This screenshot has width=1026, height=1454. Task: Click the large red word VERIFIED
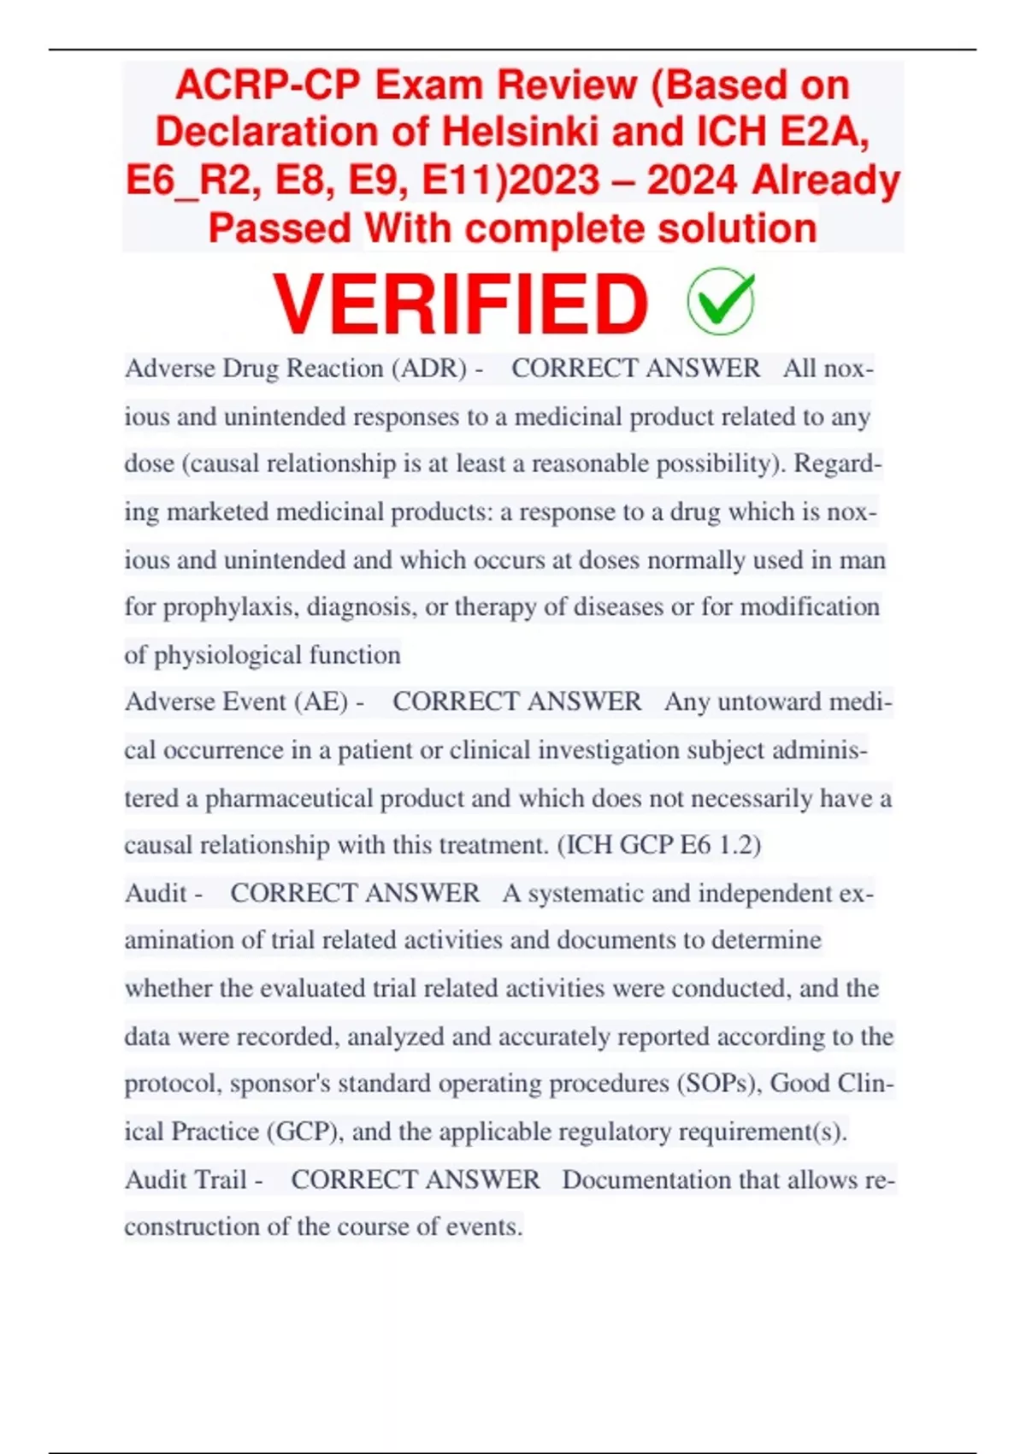[x=460, y=304]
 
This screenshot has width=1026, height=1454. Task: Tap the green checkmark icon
[x=721, y=301]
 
